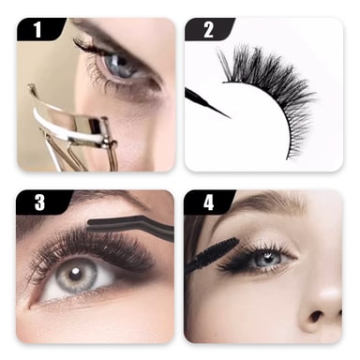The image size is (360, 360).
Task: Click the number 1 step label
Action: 37,29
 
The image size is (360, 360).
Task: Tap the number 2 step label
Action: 208,30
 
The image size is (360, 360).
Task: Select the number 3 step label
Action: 39,202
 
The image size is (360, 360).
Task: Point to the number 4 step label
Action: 208,202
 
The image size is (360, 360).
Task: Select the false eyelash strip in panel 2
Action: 269,91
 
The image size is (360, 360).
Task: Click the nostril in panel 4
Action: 316,317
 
